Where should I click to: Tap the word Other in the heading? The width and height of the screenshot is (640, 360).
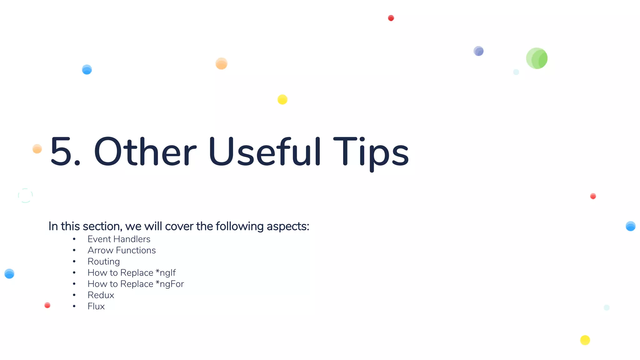tap(145, 152)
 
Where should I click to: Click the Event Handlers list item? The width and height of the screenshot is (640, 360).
tap(119, 239)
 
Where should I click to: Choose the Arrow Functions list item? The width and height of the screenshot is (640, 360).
tap(122, 250)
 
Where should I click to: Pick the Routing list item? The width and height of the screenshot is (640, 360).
tap(103, 262)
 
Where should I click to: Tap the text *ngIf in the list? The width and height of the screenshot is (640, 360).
tap(166, 273)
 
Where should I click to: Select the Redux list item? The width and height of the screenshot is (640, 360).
tap(101, 295)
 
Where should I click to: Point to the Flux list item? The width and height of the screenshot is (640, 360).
tap(96, 307)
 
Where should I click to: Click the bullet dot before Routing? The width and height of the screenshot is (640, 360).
tap(74, 262)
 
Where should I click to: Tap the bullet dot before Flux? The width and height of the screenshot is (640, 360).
tap(74, 307)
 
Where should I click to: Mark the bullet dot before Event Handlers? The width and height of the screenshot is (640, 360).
tap(74, 239)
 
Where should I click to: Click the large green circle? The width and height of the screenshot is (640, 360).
tap(537, 58)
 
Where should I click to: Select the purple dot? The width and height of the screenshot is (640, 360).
tap(478, 51)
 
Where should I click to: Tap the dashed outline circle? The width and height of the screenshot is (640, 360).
tap(25, 196)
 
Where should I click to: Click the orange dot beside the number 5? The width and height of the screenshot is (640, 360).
tap(37, 149)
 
